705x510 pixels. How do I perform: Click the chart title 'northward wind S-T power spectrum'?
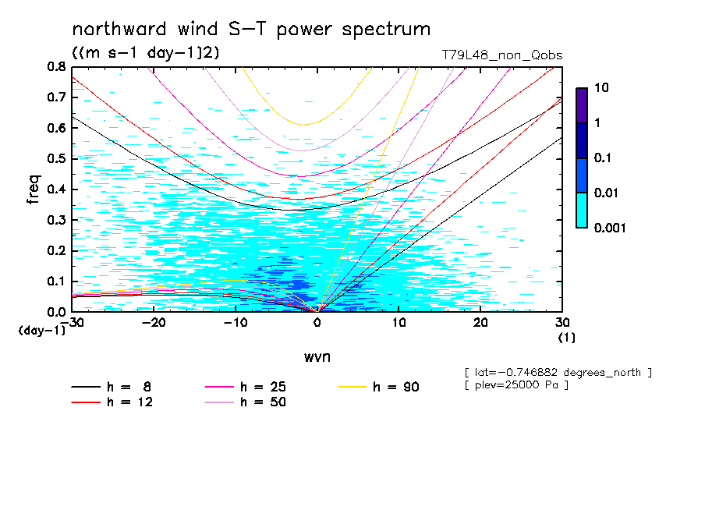pos(251,30)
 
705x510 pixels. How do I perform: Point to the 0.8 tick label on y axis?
pos(56,67)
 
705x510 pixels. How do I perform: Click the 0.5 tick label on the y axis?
pos(56,159)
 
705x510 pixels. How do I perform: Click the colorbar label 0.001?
pos(611,228)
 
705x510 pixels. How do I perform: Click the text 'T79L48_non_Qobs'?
pos(501,55)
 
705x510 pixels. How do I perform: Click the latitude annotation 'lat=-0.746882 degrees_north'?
pos(557,373)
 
